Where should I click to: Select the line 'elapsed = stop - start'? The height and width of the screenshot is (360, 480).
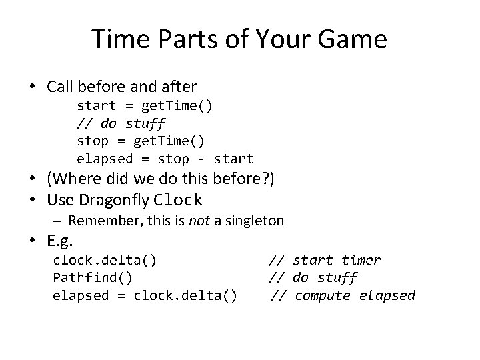coord(165,159)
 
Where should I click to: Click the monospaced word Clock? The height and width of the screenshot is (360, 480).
coord(177,199)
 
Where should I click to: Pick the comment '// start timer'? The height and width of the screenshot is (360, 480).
coord(325,260)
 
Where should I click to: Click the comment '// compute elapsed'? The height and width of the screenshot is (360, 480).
coord(343,295)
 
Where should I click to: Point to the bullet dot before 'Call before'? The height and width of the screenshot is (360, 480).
coord(32,87)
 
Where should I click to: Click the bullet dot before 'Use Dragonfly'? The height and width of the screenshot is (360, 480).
coord(32,199)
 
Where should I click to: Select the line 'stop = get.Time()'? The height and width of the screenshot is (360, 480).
coord(141,141)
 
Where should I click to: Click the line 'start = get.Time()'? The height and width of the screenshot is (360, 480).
coord(145,105)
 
